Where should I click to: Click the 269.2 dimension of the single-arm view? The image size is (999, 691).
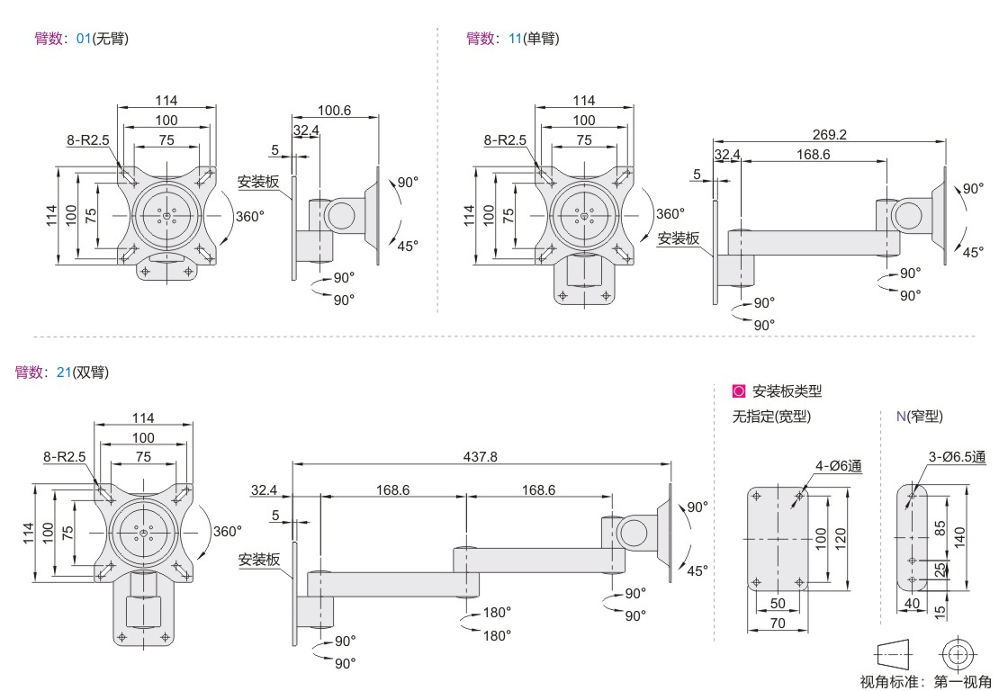pos(829,134)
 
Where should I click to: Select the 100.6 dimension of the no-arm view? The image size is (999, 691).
pos(334,111)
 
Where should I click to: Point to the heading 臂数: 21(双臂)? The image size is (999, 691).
pos(62,372)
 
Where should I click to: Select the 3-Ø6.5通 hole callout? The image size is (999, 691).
pos(956,456)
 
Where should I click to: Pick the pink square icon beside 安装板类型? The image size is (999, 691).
pos(740,391)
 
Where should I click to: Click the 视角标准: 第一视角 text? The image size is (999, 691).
pos(927,682)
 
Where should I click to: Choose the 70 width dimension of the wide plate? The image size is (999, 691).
pos(777,621)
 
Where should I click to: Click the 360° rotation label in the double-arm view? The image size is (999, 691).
pos(227,531)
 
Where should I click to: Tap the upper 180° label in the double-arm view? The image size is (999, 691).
pos(497,612)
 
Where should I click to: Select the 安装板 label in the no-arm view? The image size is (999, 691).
pos(258,182)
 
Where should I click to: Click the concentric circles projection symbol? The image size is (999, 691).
pos(956,654)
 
